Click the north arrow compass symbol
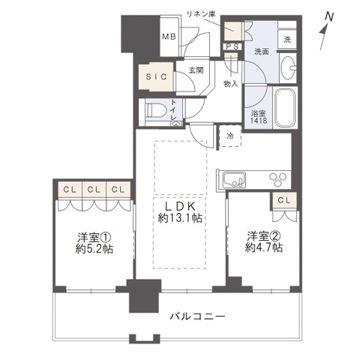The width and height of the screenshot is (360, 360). click(325, 23)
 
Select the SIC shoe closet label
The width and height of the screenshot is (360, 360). click(155, 76)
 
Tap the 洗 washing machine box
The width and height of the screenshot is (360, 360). click(287, 39)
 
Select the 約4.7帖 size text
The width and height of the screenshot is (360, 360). click(265, 247)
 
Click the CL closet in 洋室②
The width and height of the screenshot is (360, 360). click(284, 200)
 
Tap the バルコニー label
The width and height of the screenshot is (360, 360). click(197, 316)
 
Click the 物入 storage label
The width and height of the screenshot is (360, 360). click(231, 83)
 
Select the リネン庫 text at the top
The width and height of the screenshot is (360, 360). click(201, 13)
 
